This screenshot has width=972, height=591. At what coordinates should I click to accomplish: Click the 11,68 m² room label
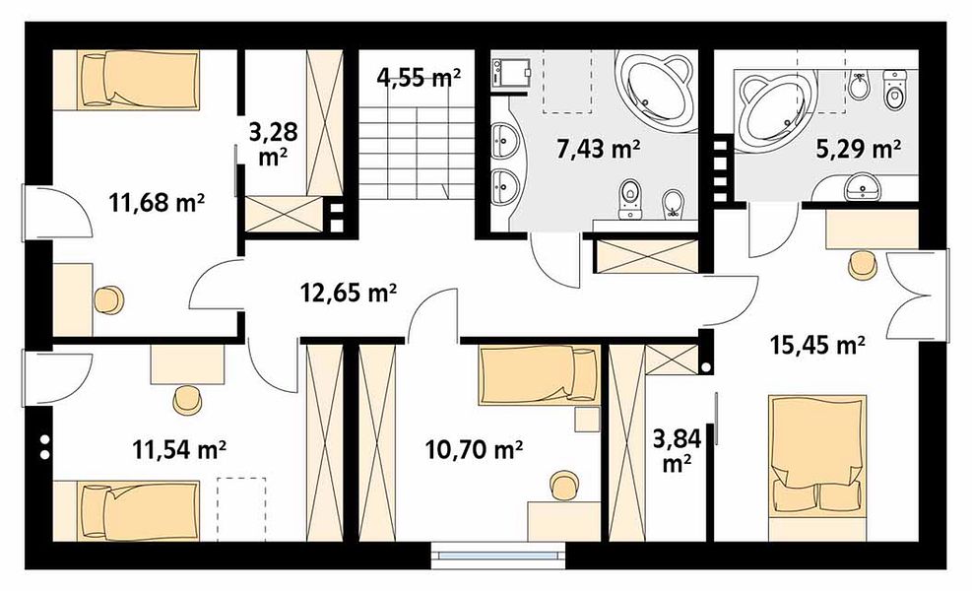coord(157,202)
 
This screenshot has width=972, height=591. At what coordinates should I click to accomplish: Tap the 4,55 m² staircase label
coord(420,77)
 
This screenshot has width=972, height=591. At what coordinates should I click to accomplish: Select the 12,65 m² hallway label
coord(349,293)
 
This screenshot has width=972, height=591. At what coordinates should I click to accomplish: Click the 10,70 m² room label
coord(475,449)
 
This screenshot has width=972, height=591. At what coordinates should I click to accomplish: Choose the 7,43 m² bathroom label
coord(598,149)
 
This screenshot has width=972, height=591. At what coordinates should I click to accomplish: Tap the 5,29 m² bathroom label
coord(859,149)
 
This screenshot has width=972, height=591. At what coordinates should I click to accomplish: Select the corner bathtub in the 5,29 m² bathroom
coord(774,110)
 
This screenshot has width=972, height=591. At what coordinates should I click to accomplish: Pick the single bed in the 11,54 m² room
coord(126,510)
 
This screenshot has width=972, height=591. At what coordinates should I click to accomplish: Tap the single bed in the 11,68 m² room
coord(126,80)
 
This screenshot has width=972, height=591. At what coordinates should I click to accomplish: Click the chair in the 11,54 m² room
coord(187,400)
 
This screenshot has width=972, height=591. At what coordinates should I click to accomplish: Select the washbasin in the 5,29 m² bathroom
coord(863,186)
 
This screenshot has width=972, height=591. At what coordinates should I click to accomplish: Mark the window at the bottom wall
coord(499,556)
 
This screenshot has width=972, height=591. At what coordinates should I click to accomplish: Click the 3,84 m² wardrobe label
coord(677,449)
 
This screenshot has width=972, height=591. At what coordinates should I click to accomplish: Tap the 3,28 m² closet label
coord(273,144)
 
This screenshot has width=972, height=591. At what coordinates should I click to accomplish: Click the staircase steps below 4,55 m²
coord(416,153)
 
